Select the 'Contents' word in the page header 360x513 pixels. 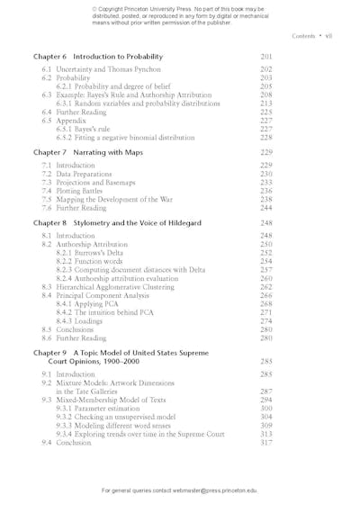pyautogui.click(x=307, y=36)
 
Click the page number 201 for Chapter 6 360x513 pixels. pyautogui.click(x=265, y=57)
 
